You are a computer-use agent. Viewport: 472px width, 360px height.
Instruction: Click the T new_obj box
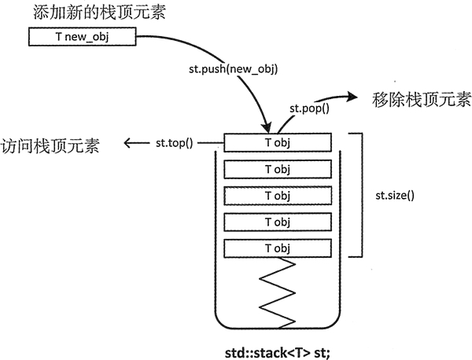pos(83,37)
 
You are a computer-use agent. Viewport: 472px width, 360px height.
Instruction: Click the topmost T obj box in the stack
pos(277,142)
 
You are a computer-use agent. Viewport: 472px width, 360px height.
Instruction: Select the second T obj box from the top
pos(277,169)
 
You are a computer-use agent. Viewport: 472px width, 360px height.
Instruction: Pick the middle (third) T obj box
pos(277,195)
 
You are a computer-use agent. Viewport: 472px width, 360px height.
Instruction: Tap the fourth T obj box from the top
pos(277,222)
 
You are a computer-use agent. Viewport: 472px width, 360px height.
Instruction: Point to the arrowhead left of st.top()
pos(127,143)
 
